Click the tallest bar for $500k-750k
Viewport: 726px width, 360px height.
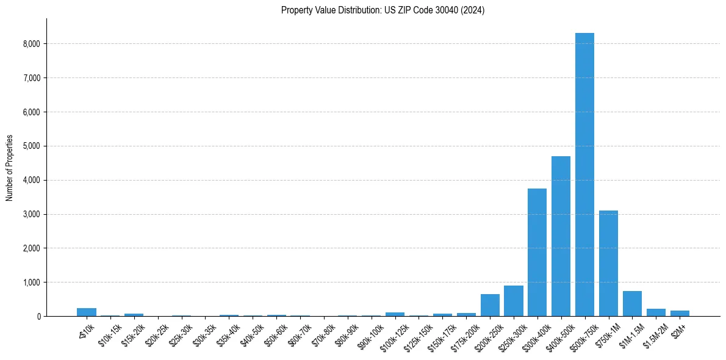coord(584,175)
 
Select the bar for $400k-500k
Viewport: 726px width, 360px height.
coord(561,236)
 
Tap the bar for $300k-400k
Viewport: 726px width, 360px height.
coord(537,252)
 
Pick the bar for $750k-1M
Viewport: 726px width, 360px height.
coord(608,263)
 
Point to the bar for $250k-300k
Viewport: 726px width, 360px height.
coord(513,301)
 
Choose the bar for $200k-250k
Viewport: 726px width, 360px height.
coord(490,305)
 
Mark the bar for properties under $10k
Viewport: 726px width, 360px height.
coord(87,312)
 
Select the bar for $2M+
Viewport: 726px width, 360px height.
coord(680,313)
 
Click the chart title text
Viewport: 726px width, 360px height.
coord(383,10)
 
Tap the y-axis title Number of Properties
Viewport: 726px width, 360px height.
coord(10,168)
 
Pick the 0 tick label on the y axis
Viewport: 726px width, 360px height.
coord(38,317)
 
